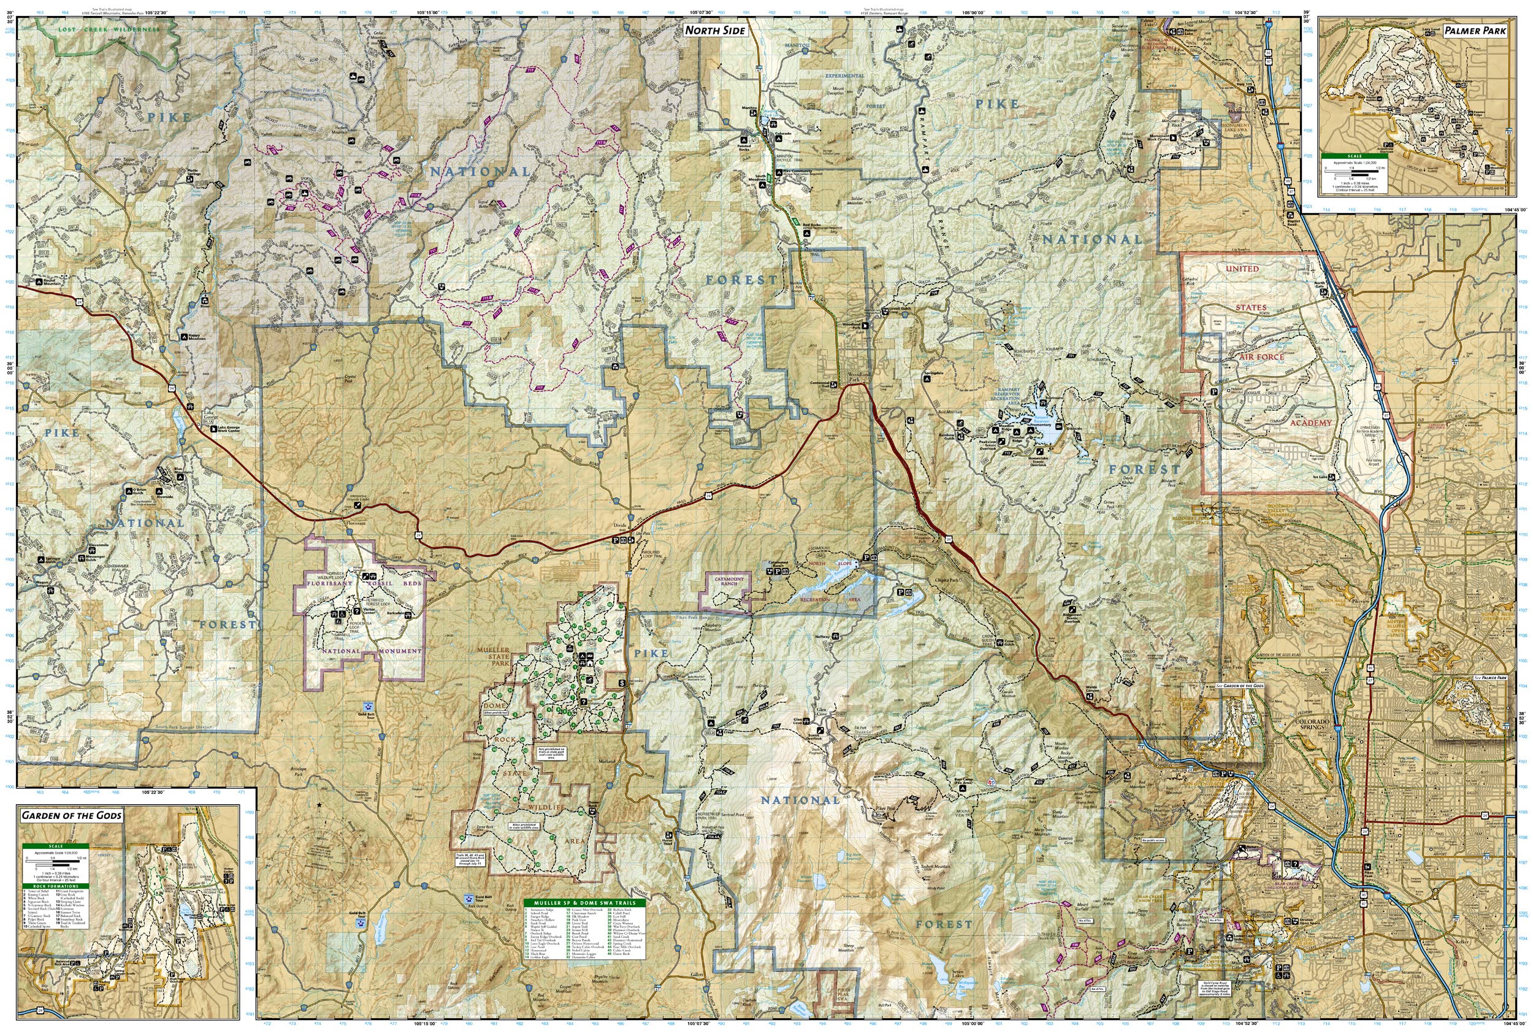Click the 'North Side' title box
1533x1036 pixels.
coord(714,30)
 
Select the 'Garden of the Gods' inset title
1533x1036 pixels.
coord(71,815)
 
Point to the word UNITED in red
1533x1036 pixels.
coord(1242,269)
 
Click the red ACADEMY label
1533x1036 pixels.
coord(1310,423)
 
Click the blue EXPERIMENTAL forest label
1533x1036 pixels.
coord(844,75)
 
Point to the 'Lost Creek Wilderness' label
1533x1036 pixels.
coord(109,29)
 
